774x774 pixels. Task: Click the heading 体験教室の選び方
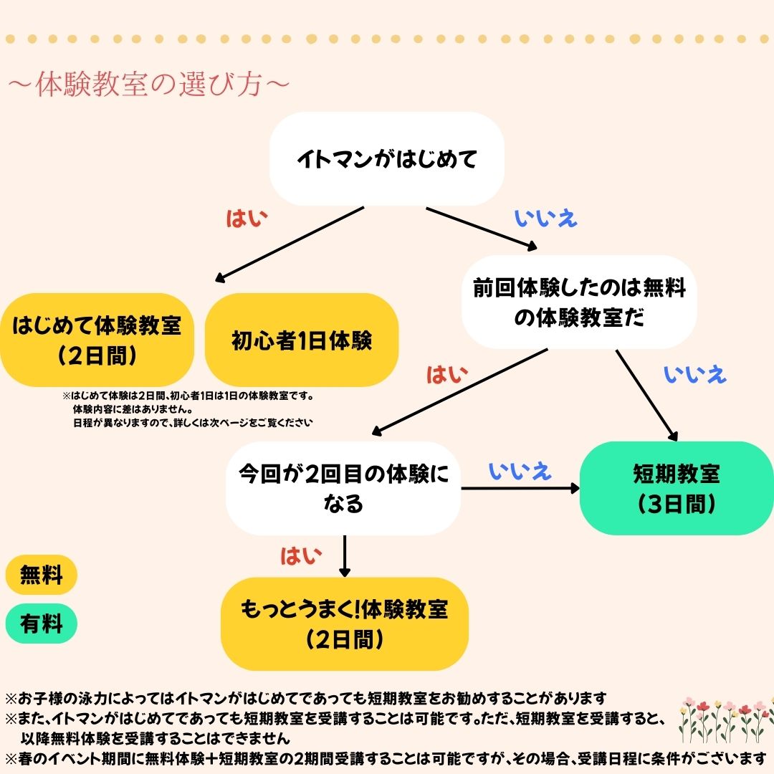pos(148,84)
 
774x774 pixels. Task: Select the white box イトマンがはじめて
pos(386,159)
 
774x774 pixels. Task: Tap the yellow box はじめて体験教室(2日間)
pos(97,340)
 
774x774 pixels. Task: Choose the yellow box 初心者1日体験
pos(302,340)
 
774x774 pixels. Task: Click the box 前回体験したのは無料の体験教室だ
pos(579,302)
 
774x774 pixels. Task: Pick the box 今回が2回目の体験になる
pos(343,488)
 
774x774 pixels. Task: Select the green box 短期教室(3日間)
pos(676,487)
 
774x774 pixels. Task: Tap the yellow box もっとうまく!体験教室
pos(344,623)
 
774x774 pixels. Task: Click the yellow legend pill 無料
pos(41,575)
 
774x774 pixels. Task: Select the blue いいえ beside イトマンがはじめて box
pos(546,219)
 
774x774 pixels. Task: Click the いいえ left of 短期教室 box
pos(520,471)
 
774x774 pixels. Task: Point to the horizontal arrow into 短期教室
pos(520,489)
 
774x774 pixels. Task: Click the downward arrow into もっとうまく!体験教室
pos(345,556)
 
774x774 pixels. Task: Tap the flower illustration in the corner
pos(725,718)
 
